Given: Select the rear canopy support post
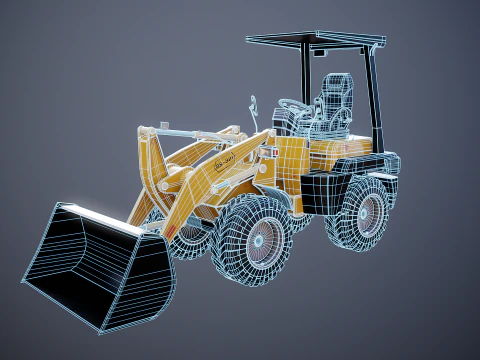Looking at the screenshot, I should [374, 95].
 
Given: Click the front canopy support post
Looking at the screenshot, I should [301, 75].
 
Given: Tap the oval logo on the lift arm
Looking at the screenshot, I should [225, 159].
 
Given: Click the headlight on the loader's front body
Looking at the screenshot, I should [268, 149].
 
